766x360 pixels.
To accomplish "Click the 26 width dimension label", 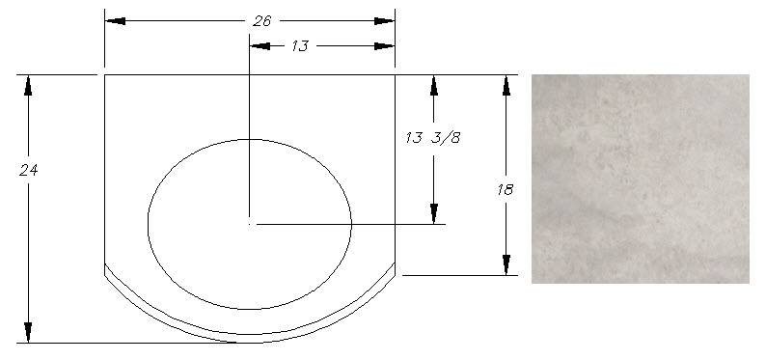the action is pos(261,21).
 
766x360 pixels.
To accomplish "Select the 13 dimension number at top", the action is pos(300,46).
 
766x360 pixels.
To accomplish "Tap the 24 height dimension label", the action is pos(28,170).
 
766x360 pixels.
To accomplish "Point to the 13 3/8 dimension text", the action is pos(433,138).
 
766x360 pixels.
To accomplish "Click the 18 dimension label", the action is pos(506,189).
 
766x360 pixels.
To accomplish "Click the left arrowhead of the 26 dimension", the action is pos(116,21).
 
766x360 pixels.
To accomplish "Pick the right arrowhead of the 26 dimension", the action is pos(384,21).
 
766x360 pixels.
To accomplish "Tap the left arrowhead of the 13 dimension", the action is pos(260,46).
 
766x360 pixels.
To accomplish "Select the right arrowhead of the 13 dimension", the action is pos(384,46).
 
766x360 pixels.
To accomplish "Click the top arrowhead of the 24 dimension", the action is pos(28,86).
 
